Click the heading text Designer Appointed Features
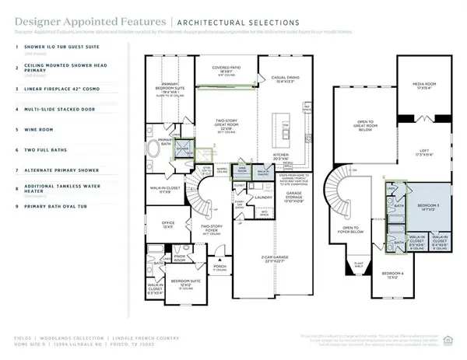(x=90, y=23)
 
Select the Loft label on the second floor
(x=424, y=153)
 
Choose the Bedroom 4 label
(x=394, y=274)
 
